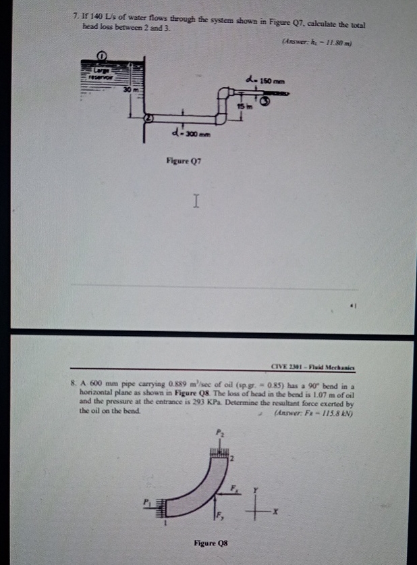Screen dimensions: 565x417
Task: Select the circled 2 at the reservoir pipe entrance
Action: click(150, 118)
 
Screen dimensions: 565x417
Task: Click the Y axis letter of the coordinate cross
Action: click(255, 489)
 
